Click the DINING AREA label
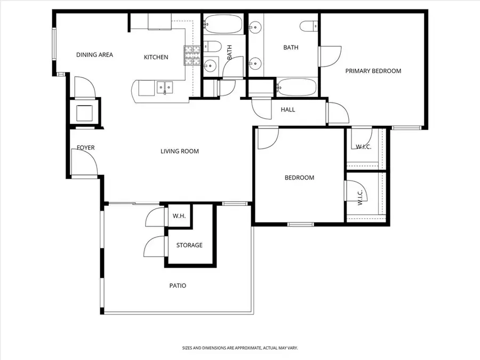pos(94,55)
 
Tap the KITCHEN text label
pos(156,58)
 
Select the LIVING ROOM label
pos(180,151)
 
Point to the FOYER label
pos(86,148)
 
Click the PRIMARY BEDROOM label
pos(373,71)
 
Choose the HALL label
pos(288,110)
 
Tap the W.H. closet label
pos(178,217)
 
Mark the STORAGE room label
pos(189,245)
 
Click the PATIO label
pos(178,286)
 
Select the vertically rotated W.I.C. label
pos(360,197)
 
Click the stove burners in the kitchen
pos(191,55)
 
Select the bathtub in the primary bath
pos(297,87)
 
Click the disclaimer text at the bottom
pos(239,348)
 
